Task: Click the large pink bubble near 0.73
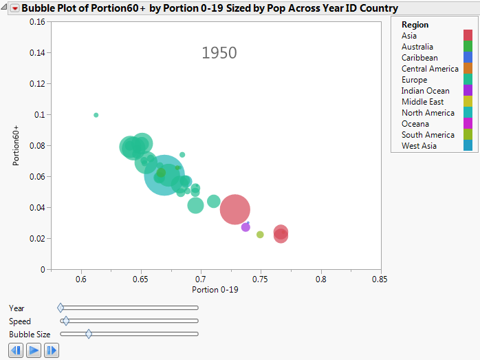click(234, 209)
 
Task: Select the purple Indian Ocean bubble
click(246, 227)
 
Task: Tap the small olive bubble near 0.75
click(260, 235)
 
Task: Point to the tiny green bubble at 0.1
click(96, 115)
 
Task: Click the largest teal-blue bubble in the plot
click(164, 175)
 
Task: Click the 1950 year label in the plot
click(219, 53)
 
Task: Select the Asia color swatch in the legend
click(468, 36)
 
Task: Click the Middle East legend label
click(422, 102)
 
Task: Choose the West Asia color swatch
click(468, 146)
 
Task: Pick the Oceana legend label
click(415, 124)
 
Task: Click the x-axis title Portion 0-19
click(215, 290)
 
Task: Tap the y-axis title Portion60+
click(16, 145)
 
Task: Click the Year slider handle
click(61, 308)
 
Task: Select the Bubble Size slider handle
click(89, 334)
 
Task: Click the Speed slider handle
click(66, 321)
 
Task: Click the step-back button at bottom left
click(16, 350)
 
